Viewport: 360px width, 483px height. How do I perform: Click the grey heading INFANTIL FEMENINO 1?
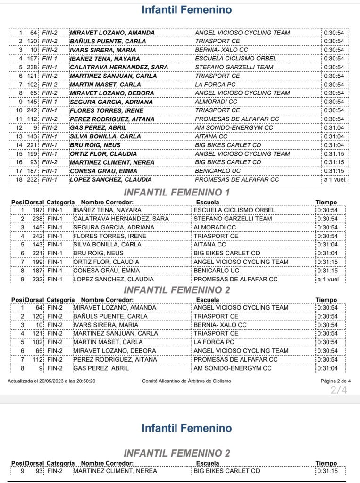[x=176, y=193]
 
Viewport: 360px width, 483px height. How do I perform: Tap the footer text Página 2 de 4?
[x=335, y=381]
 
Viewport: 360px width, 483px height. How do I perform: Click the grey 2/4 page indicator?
[x=339, y=390]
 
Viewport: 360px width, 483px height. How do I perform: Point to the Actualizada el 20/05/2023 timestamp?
[x=51, y=381]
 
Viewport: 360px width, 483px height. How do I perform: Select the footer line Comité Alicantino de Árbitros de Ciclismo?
[x=186, y=381]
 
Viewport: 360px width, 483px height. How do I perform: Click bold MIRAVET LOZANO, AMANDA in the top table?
[x=112, y=33]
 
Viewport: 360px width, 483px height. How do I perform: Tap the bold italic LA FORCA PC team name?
[x=215, y=85]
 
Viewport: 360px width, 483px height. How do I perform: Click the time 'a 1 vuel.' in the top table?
[x=335, y=180]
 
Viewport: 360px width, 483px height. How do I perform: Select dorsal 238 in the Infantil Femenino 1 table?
[x=37, y=219]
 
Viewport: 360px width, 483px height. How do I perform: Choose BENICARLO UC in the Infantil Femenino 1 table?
[x=217, y=271]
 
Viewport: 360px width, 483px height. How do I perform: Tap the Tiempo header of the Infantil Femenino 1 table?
[x=326, y=203]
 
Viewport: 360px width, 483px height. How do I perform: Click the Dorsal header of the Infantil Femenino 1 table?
[x=34, y=203]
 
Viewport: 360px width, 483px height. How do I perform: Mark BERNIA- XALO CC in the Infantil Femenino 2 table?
[x=220, y=325]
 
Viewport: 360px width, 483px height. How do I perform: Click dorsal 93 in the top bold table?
[x=33, y=162]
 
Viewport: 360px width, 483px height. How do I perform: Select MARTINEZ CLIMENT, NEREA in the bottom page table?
[x=115, y=471]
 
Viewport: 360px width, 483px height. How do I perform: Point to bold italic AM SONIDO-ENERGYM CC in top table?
[x=234, y=128]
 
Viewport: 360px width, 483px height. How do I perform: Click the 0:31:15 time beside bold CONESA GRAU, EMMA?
[x=334, y=171]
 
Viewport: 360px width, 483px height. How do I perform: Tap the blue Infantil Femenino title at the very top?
[x=187, y=9]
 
